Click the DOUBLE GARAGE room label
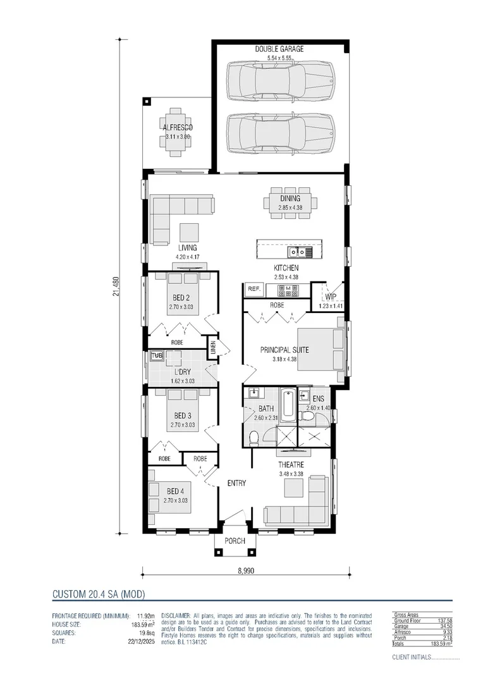(279, 49)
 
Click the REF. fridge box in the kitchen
(254, 289)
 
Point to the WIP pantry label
(330, 297)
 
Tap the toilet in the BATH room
(254, 437)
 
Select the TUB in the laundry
(157, 356)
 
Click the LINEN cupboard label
(214, 347)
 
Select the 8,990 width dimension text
(246, 570)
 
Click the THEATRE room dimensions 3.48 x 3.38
(291, 473)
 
